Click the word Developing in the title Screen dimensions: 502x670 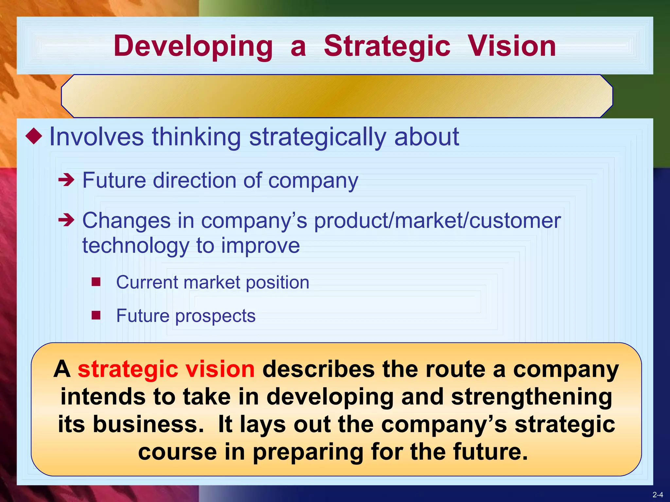pos(193,46)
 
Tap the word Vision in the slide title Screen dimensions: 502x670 pos(512,46)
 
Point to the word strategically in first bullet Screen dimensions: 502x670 pos(317,137)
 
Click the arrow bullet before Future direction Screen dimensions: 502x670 pos(66,180)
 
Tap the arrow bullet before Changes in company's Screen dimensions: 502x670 pos(66,220)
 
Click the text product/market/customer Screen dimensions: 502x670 pos(437,221)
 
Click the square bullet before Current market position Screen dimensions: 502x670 pos(96,282)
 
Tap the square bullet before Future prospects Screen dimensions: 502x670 pos(96,315)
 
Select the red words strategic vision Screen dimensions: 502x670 pos(166,369)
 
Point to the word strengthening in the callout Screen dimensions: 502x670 pos(531,397)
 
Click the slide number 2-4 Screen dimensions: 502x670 pos(658,495)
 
